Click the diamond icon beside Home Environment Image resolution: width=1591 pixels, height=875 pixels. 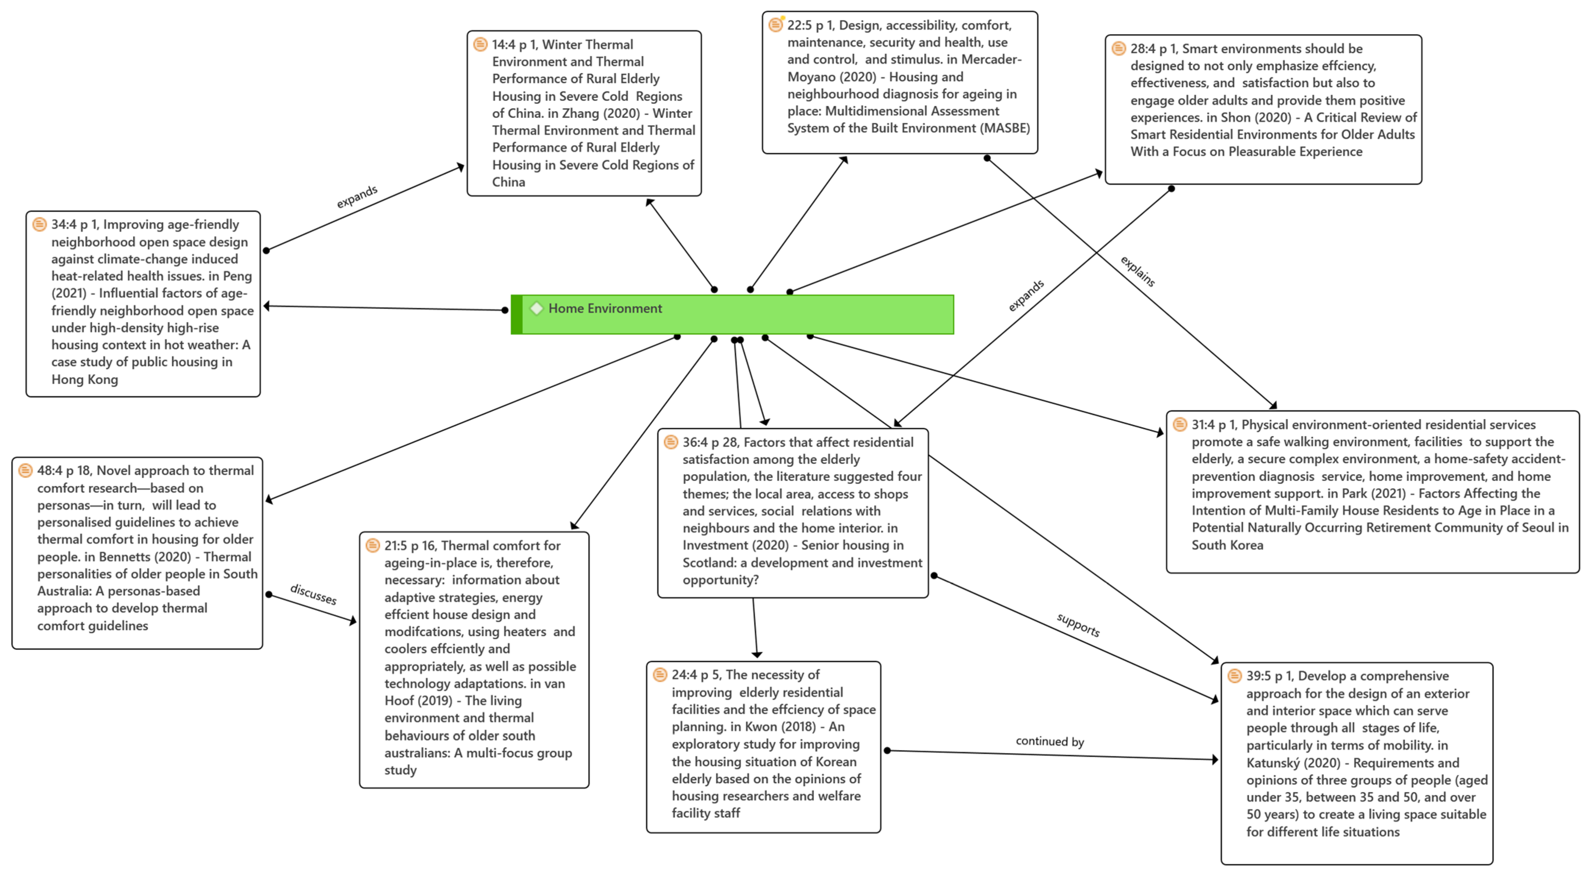536,308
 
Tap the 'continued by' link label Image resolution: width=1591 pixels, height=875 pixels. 1049,742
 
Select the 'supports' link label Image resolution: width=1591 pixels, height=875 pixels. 1078,625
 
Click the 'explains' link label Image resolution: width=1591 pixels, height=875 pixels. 1138,271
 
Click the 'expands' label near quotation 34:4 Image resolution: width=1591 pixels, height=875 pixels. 357,197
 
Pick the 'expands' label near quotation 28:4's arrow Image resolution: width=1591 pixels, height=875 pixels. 1026,296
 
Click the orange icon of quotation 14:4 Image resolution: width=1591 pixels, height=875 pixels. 480,44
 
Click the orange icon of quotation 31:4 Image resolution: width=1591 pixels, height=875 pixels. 1180,424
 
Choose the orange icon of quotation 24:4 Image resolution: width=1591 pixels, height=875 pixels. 659,674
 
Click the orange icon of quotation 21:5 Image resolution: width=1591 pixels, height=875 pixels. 372,545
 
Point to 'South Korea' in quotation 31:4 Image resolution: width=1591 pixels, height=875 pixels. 1227,545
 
